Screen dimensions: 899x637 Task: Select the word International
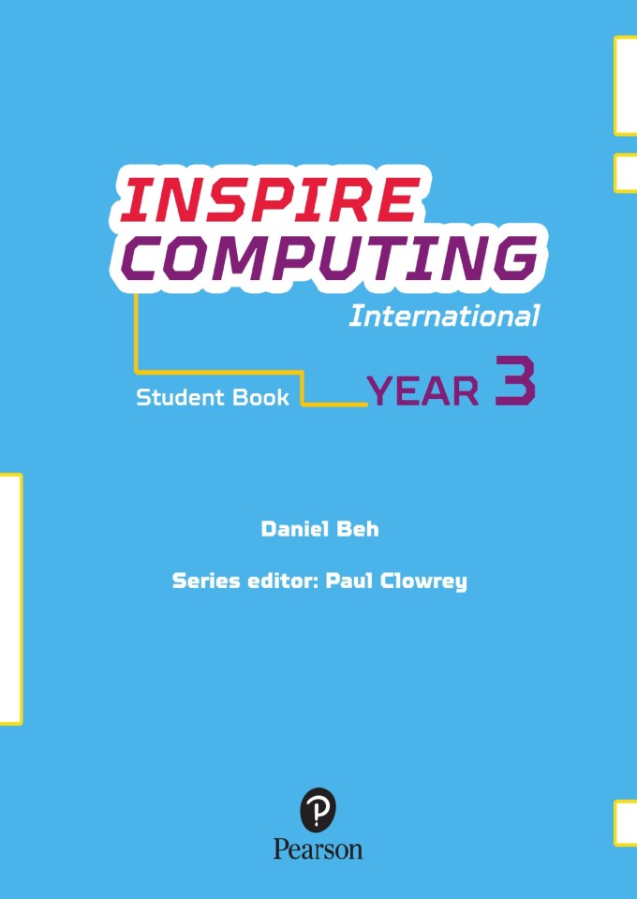tap(444, 317)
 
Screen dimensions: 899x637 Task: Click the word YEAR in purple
tap(422, 391)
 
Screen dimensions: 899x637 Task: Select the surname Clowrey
tap(423, 582)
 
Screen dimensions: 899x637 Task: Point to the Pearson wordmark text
tap(318, 849)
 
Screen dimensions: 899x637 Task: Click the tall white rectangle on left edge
tap(9, 598)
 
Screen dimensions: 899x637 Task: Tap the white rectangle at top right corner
tap(626, 84)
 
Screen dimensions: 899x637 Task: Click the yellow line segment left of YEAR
tap(333, 405)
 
